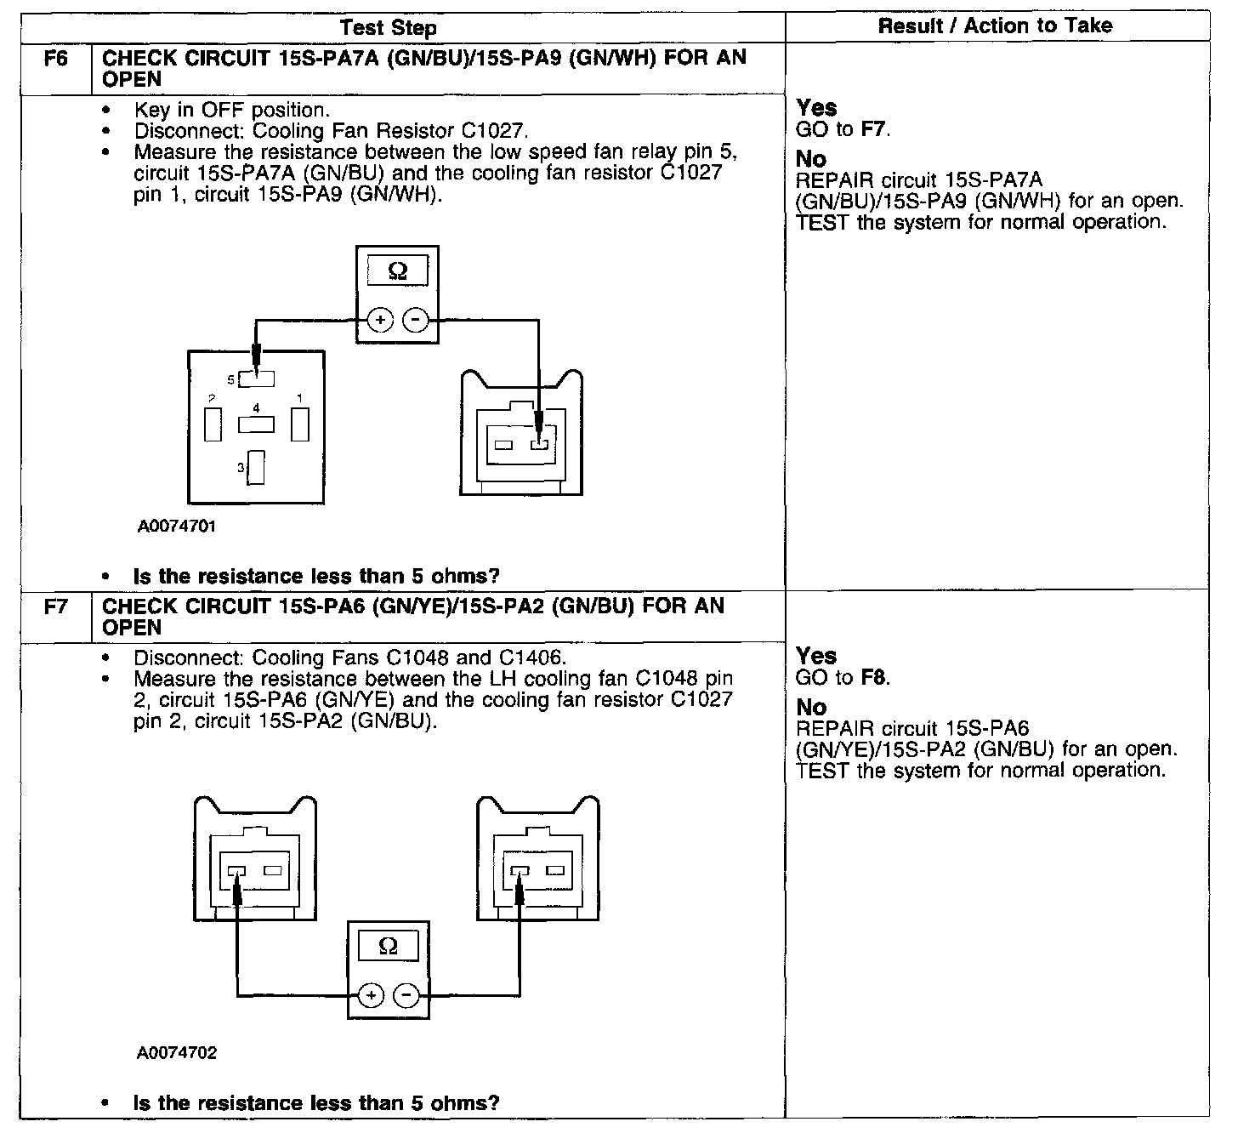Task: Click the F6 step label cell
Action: [55, 60]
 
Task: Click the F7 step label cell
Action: [55, 607]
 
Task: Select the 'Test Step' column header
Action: [388, 28]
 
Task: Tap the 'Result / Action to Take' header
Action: [995, 26]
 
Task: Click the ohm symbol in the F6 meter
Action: [397, 272]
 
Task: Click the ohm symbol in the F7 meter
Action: [388, 947]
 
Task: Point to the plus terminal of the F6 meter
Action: [380, 321]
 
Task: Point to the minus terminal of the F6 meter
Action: [415, 321]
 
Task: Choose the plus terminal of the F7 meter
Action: [371, 996]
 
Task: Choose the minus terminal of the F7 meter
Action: [406, 996]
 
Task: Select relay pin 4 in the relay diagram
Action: [256, 423]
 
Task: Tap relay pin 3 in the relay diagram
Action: [256, 467]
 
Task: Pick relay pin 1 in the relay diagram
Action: [299, 424]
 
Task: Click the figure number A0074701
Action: [177, 526]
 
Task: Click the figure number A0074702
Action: [177, 1053]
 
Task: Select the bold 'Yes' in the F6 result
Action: [816, 108]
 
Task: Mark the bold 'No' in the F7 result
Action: [811, 707]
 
